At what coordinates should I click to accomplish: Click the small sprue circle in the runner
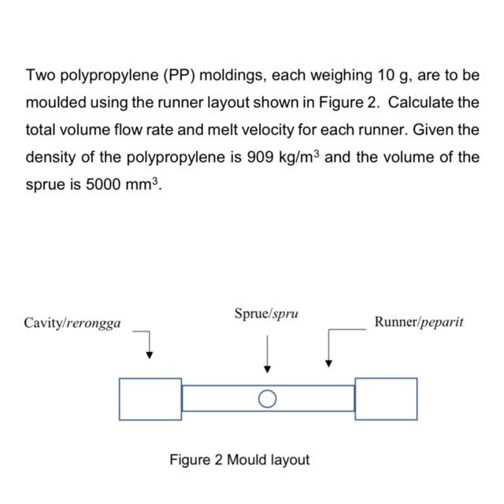coord(268,398)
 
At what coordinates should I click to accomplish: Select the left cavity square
coord(150,398)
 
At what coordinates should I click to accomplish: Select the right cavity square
coord(386,398)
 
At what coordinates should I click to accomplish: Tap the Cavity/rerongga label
coord(72,323)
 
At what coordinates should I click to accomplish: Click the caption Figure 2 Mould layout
coord(239,459)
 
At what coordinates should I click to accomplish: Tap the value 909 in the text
coord(261,156)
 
